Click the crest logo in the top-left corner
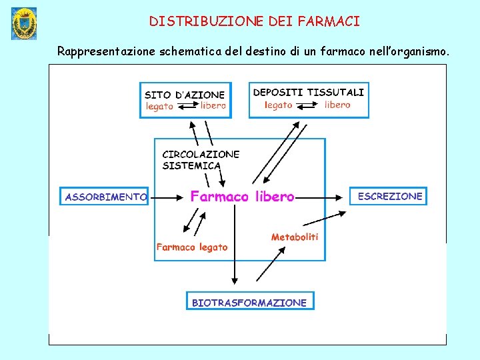[24, 24]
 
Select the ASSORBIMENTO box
[104, 197]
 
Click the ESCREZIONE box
[389, 196]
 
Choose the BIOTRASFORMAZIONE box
[249, 302]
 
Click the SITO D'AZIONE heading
[185, 95]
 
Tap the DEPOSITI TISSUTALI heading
[308, 92]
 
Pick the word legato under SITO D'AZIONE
[159, 106]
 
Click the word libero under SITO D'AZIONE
[213, 105]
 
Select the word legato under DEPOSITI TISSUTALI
[279, 105]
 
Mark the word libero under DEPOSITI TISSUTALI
[337, 105]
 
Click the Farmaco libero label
[242, 197]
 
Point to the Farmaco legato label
[192, 247]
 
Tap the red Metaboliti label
[295, 237]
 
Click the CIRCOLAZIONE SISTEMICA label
[191, 159]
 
